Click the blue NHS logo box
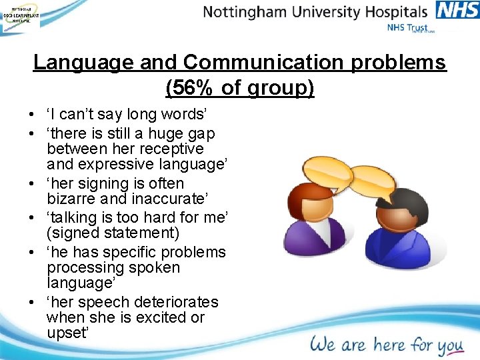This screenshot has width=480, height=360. coord(457,10)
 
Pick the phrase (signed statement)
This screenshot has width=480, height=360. coord(113,233)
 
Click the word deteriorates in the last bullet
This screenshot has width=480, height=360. coord(176,302)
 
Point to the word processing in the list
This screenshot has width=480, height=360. coord(80,268)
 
